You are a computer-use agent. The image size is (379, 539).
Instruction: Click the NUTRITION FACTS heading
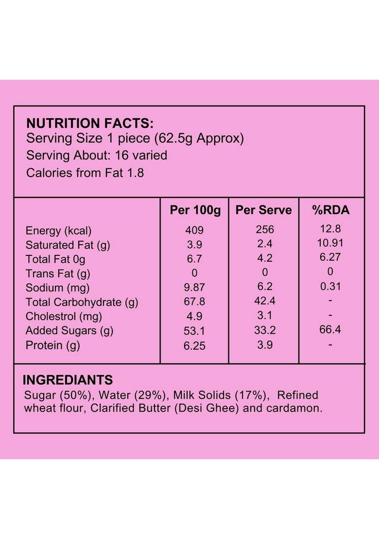tap(90, 123)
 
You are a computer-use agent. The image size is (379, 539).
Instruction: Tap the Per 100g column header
tap(195, 210)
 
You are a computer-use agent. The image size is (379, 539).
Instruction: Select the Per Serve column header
tap(263, 210)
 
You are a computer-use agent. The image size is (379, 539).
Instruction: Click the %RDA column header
tap(330, 210)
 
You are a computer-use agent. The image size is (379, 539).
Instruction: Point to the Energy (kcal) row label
tap(58, 231)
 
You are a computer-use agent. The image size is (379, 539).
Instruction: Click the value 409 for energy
tap(194, 230)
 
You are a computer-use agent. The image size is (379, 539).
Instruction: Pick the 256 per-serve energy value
tap(265, 229)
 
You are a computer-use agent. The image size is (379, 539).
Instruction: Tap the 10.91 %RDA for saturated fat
tap(330, 243)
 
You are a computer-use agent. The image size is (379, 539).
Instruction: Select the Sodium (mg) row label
tap(57, 287)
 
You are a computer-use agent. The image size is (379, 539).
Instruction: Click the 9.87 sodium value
tap(194, 287)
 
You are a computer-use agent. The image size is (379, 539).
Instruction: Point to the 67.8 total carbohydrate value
tap(194, 302)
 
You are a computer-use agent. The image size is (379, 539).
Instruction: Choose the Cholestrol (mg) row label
tap(64, 316)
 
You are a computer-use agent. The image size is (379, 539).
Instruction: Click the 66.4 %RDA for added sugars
tap(330, 330)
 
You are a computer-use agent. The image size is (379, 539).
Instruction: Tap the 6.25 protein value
tap(194, 345)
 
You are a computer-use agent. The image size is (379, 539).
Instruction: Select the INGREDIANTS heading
tap(68, 380)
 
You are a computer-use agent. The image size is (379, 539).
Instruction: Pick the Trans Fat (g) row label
tap(58, 273)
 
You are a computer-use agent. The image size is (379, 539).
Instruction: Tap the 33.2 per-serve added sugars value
tap(265, 330)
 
